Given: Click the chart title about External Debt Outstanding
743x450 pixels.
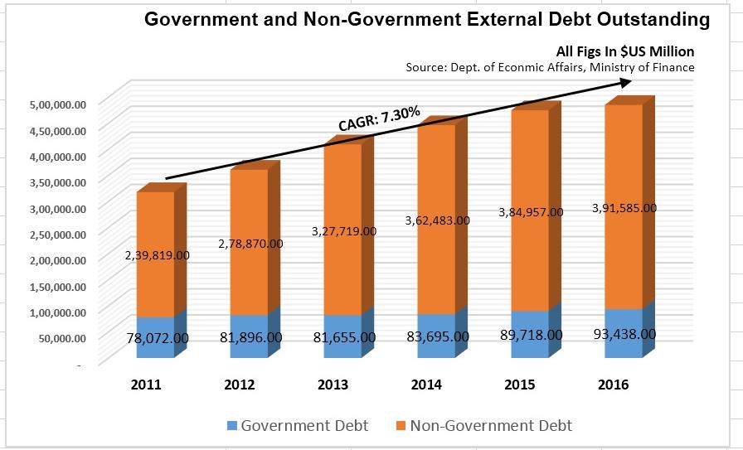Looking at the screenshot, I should tap(427, 20).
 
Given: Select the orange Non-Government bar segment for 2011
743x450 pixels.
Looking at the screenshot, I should tap(155, 224).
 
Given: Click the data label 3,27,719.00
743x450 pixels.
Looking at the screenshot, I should tap(343, 232).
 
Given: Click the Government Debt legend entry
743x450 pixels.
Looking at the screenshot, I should tap(298, 426).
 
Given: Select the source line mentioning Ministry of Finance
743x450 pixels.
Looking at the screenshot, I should tap(550, 67).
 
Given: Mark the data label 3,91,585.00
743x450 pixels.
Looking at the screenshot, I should tap(624, 208).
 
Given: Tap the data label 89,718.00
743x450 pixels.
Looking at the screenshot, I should tap(531, 335).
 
